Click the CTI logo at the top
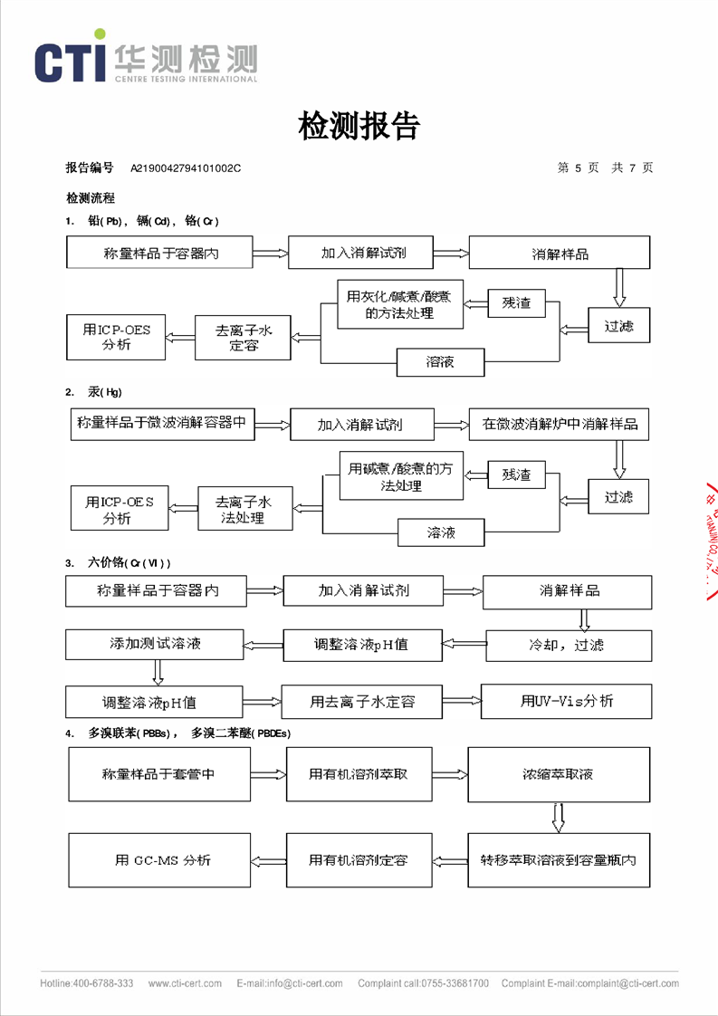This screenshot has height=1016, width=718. coord(145,62)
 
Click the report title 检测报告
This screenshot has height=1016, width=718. coord(359,126)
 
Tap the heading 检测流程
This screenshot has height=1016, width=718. coord(90,197)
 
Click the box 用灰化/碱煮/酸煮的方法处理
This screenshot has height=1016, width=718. coord(399,304)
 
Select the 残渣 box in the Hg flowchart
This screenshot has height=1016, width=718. coord(516,474)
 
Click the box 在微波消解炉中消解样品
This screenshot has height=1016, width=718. coord(559,424)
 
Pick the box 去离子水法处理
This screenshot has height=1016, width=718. coord(244,509)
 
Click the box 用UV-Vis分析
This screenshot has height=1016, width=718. coord(566,701)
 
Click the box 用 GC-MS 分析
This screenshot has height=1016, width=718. coord(162,859)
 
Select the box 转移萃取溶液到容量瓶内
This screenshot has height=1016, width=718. coord(559,859)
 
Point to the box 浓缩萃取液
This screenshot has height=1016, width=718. coord(559,774)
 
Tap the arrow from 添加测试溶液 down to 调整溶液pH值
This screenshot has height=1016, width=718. coord(158,672)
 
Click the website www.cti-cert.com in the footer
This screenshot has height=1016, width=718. coord(181,983)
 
